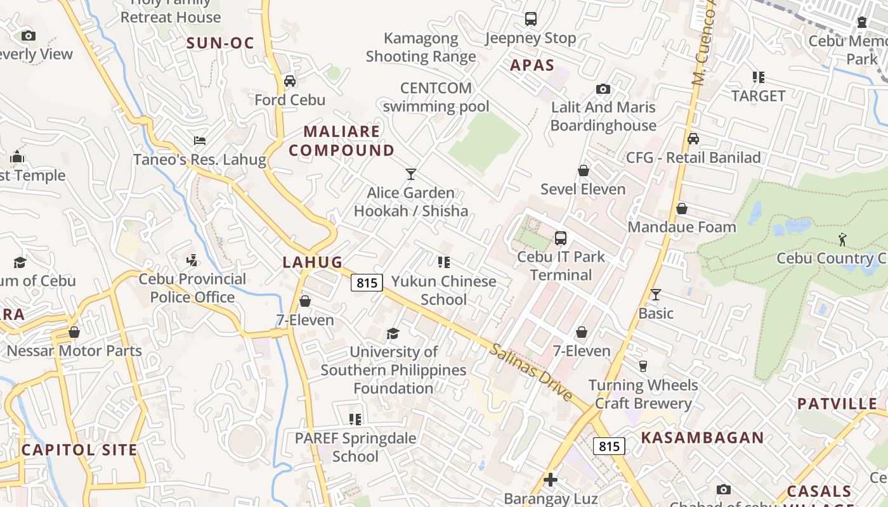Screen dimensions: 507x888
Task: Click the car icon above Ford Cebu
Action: pyautogui.click(x=290, y=81)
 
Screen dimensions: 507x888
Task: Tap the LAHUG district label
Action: pyautogui.click(x=313, y=262)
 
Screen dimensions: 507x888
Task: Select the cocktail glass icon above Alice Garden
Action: pyautogui.click(x=411, y=174)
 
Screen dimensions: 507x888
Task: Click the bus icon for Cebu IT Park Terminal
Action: pyautogui.click(x=561, y=238)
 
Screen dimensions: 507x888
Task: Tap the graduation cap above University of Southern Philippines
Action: pyautogui.click(x=393, y=333)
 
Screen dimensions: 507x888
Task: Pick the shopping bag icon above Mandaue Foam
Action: pyautogui.click(x=682, y=209)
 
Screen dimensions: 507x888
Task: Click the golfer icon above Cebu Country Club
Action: pyautogui.click(x=842, y=240)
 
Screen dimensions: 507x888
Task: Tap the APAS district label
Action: pyautogui.click(x=532, y=65)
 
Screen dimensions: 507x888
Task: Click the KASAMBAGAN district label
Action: pyautogui.click(x=702, y=438)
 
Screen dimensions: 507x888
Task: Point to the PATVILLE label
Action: pyautogui.click(x=837, y=404)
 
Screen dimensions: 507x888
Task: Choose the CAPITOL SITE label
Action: pyautogui.click(x=79, y=451)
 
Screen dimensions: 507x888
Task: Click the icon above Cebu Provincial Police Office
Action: pyautogui.click(x=192, y=260)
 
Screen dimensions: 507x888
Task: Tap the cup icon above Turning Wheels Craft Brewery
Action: pyautogui.click(x=643, y=366)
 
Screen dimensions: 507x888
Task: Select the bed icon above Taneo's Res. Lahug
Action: pyautogui.click(x=200, y=141)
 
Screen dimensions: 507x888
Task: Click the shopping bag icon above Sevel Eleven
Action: pyautogui.click(x=584, y=170)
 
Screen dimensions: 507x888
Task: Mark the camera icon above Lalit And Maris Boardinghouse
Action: pyautogui.click(x=603, y=89)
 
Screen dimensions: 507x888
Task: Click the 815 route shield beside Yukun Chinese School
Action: pyautogui.click(x=367, y=283)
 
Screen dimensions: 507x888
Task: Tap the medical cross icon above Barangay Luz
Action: pyautogui.click(x=551, y=480)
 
